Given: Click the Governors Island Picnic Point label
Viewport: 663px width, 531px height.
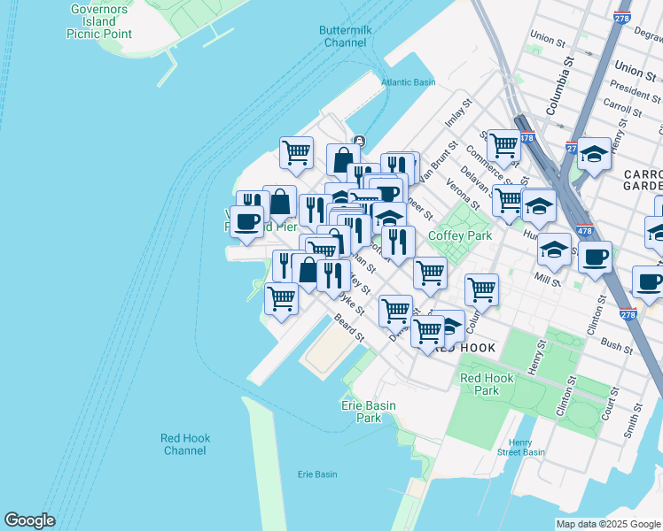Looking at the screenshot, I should (x=99, y=21).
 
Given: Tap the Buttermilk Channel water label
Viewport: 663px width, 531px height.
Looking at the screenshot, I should (x=345, y=36).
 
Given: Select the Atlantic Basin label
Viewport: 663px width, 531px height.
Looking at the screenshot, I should (x=408, y=82).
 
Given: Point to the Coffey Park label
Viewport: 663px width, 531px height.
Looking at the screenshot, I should (x=459, y=236).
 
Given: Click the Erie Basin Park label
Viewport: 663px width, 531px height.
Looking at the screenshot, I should (x=368, y=412).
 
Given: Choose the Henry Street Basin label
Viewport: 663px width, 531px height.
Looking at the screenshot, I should (x=527, y=448).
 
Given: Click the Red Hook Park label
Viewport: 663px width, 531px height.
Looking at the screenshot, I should (x=487, y=384).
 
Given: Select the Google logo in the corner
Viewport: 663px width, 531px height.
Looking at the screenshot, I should (x=29, y=520).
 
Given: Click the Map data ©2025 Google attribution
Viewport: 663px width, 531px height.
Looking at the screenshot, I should (x=608, y=524).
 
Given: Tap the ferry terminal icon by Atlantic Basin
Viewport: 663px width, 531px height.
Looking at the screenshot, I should (x=359, y=140).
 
